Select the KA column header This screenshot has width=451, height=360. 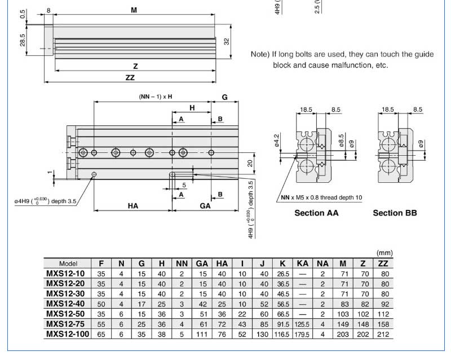pyautogui.click(x=303, y=264)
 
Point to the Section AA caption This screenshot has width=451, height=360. pyautogui.click(x=317, y=213)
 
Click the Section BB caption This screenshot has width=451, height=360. pyautogui.click(x=395, y=213)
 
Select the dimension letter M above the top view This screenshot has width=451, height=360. pyautogui.click(x=134, y=10)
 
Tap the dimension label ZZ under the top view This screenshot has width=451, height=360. pyautogui.click(x=130, y=77)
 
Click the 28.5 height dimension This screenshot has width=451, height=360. pyautogui.click(x=23, y=41)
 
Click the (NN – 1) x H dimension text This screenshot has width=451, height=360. pyautogui.click(x=156, y=96)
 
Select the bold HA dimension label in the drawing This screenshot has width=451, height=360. pyautogui.click(x=133, y=206)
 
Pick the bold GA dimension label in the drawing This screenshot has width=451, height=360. pyautogui.click(x=205, y=206)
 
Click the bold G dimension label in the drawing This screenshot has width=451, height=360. pyautogui.click(x=224, y=97)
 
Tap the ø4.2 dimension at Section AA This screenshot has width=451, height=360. pyautogui.click(x=277, y=139)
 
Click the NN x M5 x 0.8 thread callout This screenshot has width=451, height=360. pyautogui.click(x=321, y=197)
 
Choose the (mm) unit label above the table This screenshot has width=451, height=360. pyautogui.click(x=383, y=253)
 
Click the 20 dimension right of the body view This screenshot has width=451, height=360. pyautogui.click(x=250, y=163)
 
